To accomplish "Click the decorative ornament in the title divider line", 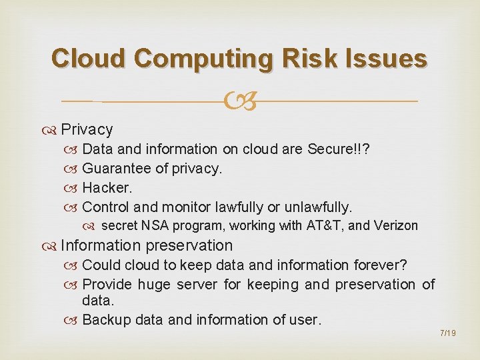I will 239,102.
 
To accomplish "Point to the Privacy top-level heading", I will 87,129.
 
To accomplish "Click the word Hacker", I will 107,188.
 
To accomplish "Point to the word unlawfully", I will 316,207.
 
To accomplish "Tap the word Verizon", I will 396,226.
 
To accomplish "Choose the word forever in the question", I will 377,265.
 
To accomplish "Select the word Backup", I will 106,321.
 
